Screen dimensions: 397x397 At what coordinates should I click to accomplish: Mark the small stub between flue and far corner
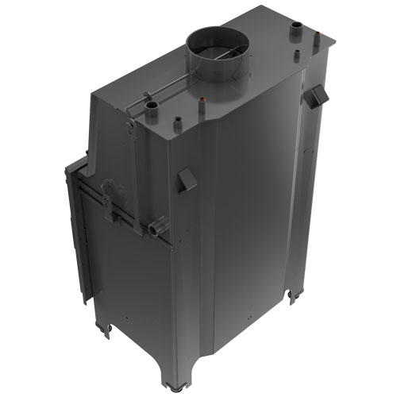coord(297,57)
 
